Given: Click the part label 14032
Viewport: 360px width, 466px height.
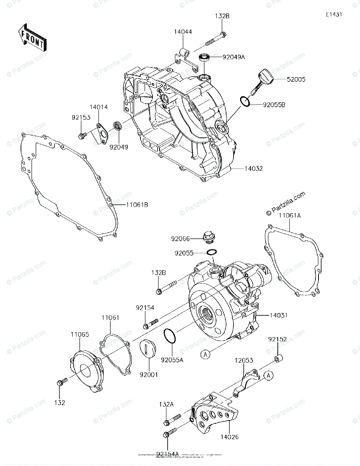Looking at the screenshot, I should [254, 169].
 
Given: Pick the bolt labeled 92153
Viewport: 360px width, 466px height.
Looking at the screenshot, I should [82, 136].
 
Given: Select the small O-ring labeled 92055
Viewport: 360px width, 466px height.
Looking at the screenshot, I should [211, 252].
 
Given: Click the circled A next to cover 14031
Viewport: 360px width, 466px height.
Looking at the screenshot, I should [206, 354].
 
